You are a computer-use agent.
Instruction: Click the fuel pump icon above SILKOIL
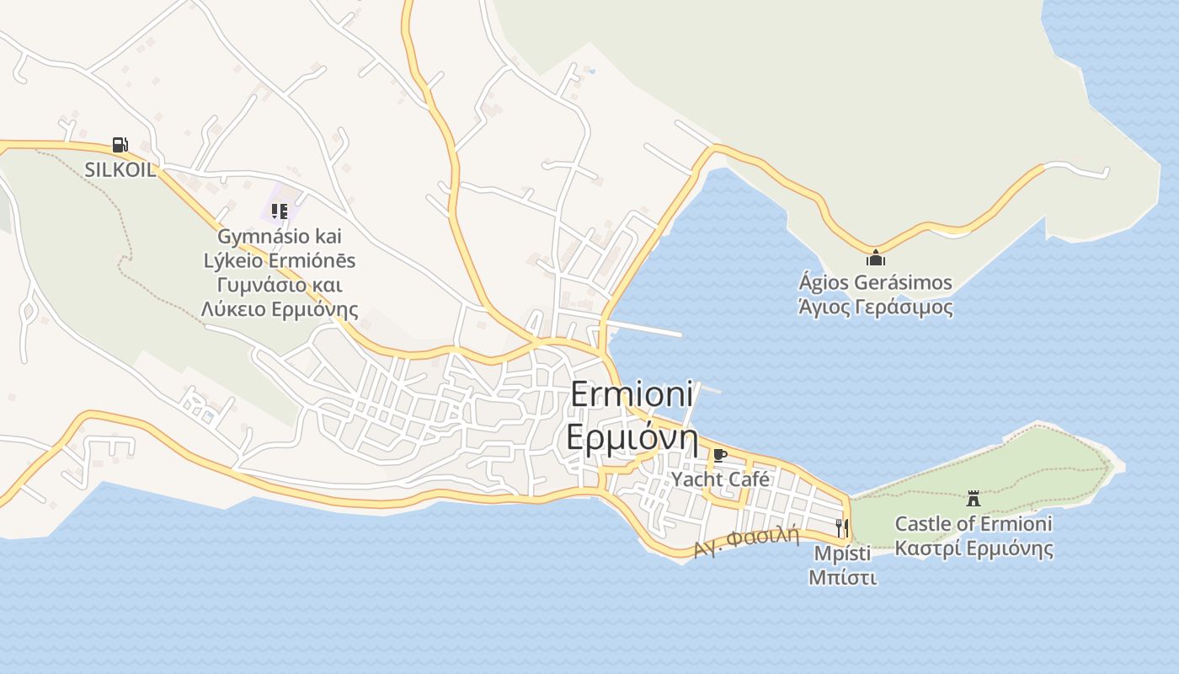pos(120,145)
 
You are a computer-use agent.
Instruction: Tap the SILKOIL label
pos(120,169)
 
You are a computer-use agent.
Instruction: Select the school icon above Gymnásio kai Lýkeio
pos(280,211)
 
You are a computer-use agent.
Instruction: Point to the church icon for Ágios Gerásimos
pos(876,258)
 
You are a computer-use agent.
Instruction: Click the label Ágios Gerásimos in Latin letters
pos(876,282)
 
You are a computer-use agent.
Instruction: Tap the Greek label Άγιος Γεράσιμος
pos(876,307)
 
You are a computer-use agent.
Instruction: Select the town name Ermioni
pos(632,394)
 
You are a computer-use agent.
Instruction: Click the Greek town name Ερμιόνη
pos(632,438)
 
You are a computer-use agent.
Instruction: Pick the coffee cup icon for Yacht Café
pos(719,456)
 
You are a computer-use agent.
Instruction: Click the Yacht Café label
pos(720,479)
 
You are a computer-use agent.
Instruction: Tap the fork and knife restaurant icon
pos(841,528)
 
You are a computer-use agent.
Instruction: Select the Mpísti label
pos(842,554)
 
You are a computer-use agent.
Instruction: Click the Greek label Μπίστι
pos(842,578)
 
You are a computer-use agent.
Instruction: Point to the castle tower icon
pos(974,498)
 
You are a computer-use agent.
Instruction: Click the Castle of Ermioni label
pos(974,524)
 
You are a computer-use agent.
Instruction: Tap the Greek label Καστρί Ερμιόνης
pos(974,549)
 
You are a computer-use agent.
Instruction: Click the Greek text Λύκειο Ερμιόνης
pos(280,309)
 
